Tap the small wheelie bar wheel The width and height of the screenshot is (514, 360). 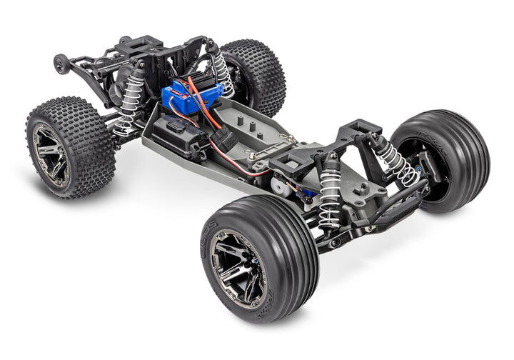(x=62, y=64)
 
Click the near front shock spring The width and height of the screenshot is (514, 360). (x=330, y=200)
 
